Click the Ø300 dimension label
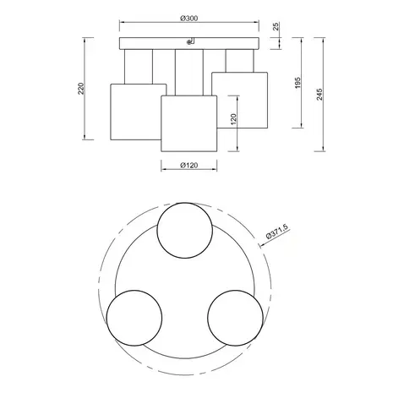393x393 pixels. point(189,19)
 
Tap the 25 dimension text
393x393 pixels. point(276,26)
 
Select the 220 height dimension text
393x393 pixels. point(81,89)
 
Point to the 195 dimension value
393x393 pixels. point(297,83)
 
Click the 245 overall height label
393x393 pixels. point(319,95)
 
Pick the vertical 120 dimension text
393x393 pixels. point(233,119)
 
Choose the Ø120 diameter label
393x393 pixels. point(189,166)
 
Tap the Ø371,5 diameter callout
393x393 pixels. point(277,232)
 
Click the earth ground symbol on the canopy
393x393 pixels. point(190,41)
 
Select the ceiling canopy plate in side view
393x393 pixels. point(189,43)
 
